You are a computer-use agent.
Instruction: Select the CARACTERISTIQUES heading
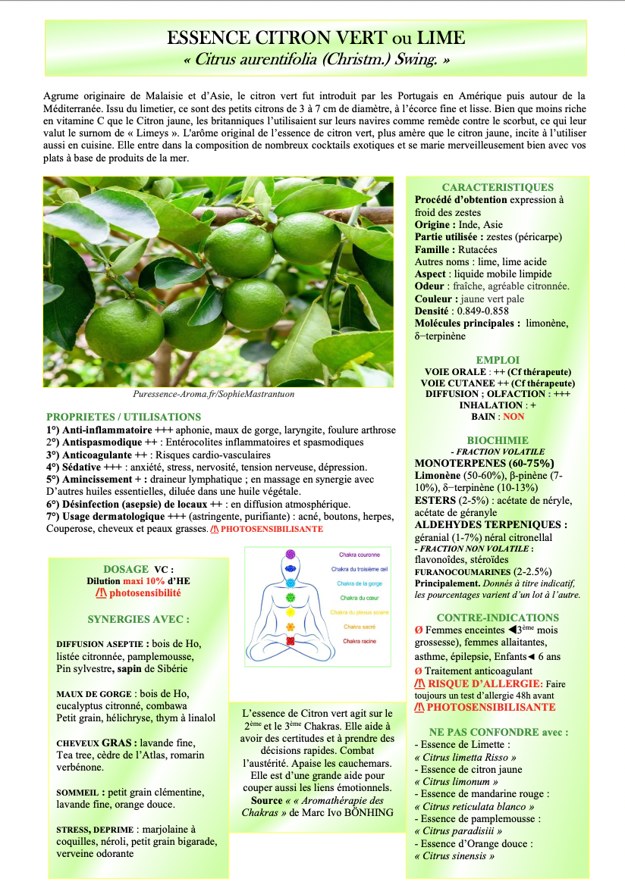coord(498,187)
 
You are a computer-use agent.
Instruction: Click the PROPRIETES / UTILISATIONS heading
coord(124,417)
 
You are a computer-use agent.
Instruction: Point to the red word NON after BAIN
coord(514,417)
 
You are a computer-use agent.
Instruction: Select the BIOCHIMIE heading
coord(498,440)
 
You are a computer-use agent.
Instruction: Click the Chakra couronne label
coord(360,555)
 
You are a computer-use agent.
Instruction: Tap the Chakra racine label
coord(360,641)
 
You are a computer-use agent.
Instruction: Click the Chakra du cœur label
coord(360,598)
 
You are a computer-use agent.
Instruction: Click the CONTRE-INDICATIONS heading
coord(498,618)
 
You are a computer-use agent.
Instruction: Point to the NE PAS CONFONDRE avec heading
coord(498,732)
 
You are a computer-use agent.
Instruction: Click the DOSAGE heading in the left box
coord(126,569)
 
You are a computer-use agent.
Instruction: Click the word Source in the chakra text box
coord(267,800)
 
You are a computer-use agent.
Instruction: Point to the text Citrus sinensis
coord(454,855)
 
